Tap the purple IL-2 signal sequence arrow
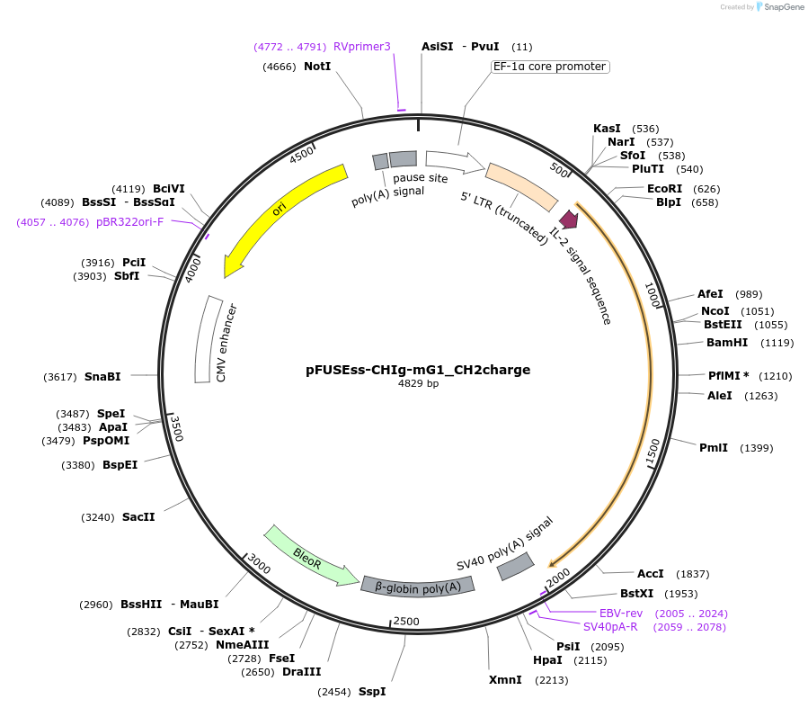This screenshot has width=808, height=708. tap(568, 219)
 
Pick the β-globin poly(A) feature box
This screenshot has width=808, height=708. tap(417, 586)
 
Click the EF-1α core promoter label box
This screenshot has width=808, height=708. tap(550, 67)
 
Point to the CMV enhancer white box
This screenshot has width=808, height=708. tap(209, 338)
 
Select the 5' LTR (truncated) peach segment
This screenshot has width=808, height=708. tap(521, 187)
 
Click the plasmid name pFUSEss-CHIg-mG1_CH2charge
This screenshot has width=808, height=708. tap(418, 369)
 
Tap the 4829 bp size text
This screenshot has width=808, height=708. tap(418, 384)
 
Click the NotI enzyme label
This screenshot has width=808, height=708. tap(317, 67)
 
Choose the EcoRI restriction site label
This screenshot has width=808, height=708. tap(664, 188)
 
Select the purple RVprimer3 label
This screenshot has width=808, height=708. tap(362, 47)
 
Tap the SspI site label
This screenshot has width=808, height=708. tap(372, 691)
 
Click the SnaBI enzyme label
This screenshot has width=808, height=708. tap(102, 376)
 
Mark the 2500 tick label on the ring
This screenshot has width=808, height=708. tap(407, 622)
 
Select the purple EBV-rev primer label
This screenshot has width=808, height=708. tap(624, 613)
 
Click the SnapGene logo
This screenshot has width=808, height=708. tap(780, 7)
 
